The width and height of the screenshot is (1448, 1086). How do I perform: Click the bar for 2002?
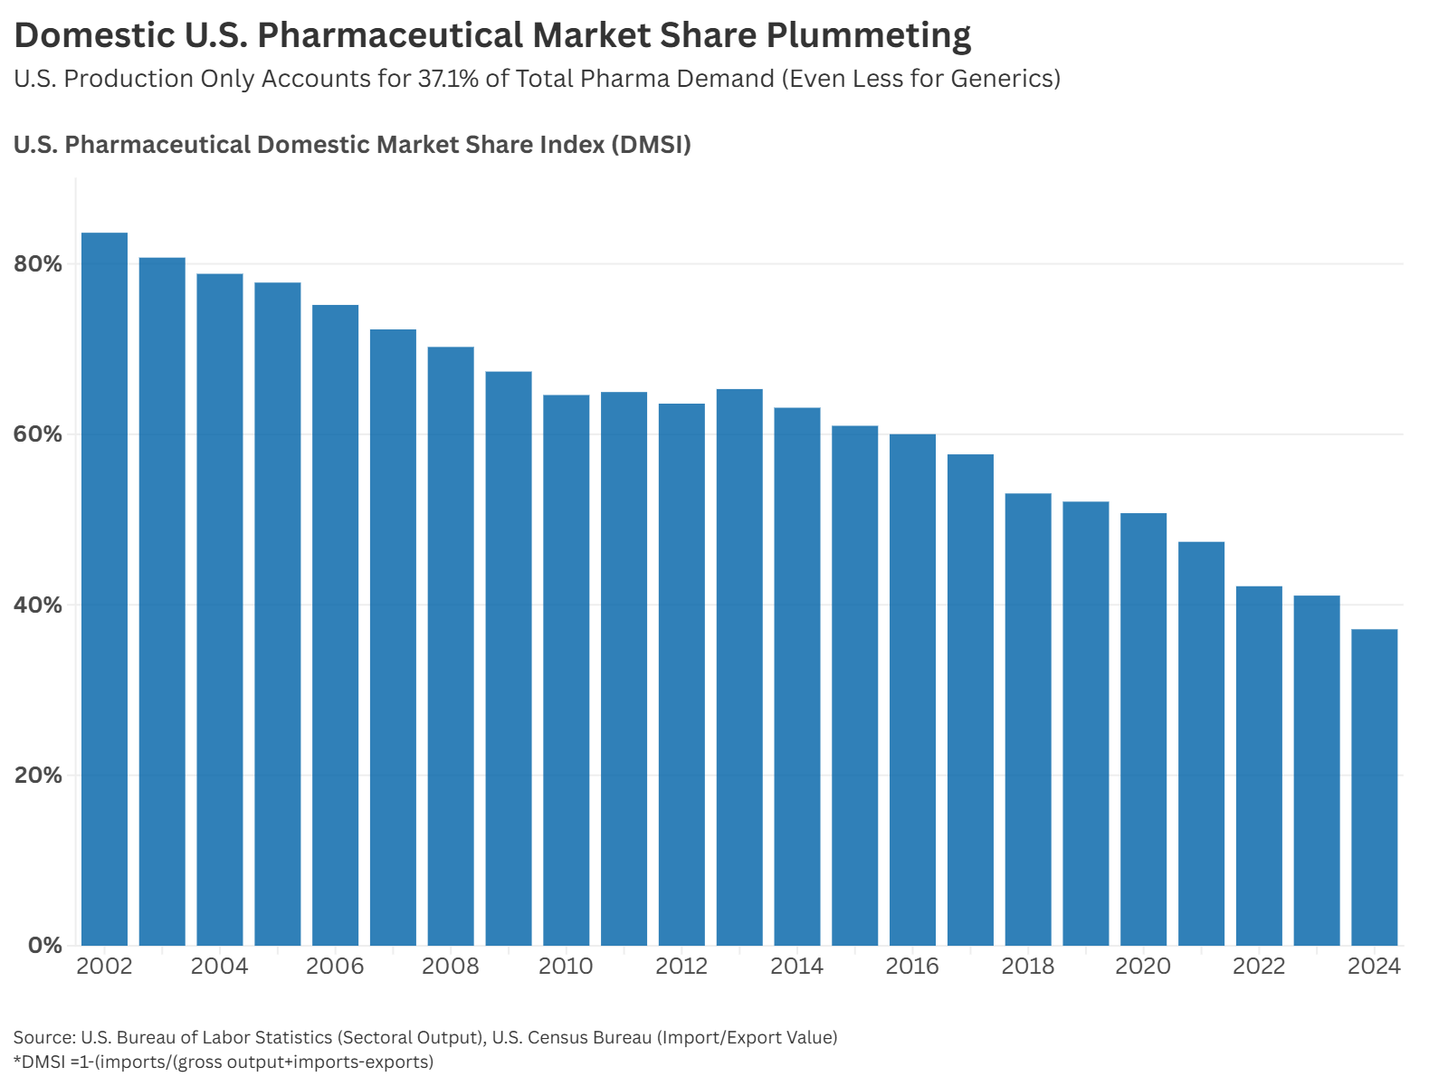[104, 588]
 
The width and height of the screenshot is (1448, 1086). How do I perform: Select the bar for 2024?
[1374, 787]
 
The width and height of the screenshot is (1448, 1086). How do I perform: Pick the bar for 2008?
[451, 646]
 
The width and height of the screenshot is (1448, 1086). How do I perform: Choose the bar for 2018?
[1028, 719]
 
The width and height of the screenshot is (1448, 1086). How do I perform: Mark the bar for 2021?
[1201, 743]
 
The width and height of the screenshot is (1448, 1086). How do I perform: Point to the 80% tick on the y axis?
[38, 264]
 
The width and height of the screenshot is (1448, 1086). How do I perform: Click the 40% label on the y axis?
[38, 605]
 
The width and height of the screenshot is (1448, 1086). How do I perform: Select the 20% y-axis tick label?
[38, 776]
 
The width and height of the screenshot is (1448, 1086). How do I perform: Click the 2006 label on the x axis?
[335, 967]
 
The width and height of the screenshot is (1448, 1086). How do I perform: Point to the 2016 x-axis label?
[912, 967]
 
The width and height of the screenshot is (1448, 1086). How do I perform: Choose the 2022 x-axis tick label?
[1259, 967]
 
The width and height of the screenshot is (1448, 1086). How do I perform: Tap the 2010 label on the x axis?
[566, 967]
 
